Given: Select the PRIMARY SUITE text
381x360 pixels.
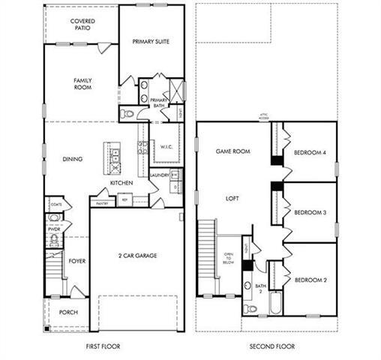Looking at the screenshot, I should point(152,42).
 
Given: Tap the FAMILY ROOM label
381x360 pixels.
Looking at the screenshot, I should point(82,83).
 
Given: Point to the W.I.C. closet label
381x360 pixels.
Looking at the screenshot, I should point(166,147).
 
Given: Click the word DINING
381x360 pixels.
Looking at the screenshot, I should point(72,159).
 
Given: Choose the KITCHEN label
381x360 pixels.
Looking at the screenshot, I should point(121,182).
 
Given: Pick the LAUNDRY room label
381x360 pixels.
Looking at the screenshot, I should point(160,175).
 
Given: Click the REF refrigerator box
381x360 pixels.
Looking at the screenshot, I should point(124,199).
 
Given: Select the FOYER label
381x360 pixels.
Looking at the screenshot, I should point(78,262).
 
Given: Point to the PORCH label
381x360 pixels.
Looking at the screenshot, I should point(69,311).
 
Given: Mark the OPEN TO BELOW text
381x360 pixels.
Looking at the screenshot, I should point(229,259).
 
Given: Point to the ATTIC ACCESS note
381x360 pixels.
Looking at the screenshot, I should point(263,117).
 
